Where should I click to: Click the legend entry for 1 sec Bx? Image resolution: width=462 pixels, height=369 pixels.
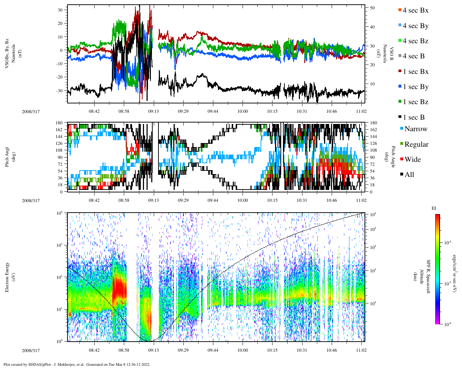click(x=415, y=71)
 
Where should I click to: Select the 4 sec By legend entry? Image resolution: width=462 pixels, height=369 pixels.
click(x=415, y=26)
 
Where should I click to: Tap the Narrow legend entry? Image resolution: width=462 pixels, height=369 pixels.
click(x=416, y=129)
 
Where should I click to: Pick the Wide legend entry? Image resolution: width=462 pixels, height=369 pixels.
click(x=413, y=159)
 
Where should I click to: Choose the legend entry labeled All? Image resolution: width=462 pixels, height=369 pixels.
click(x=409, y=174)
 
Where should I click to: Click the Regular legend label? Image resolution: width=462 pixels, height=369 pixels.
click(x=416, y=144)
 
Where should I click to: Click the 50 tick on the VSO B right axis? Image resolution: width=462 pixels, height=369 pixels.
click(x=372, y=8)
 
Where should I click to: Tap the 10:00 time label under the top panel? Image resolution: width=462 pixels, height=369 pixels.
click(x=243, y=111)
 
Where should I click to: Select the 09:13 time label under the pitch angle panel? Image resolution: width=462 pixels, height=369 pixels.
click(x=153, y=200)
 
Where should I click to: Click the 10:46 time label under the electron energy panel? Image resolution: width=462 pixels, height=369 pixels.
click(x=331, y=350)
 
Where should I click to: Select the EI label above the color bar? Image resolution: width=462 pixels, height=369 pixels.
click(x=434, y=208)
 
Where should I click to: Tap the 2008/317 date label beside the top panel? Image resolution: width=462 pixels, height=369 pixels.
click(x=31, y=111)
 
